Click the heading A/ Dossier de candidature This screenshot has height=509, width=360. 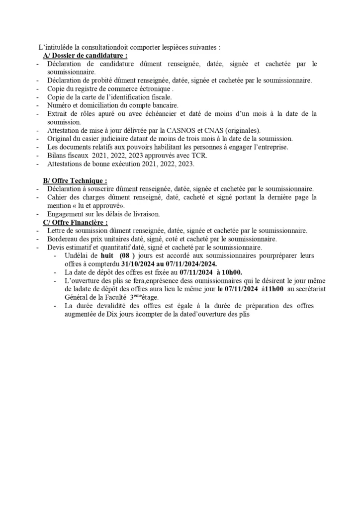tap(86, 56)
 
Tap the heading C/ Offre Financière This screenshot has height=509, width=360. tap(75, 222)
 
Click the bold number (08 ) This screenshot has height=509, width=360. tap(124, 255)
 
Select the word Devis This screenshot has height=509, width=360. tap(56, 247)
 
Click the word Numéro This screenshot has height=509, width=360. tap(60, 105)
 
